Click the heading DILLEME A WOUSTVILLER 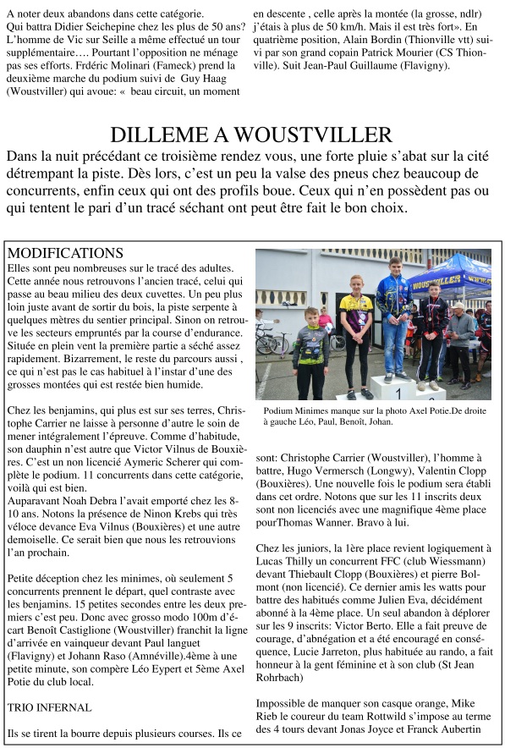tap(251, 135)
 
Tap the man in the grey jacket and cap tap(461, 338)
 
